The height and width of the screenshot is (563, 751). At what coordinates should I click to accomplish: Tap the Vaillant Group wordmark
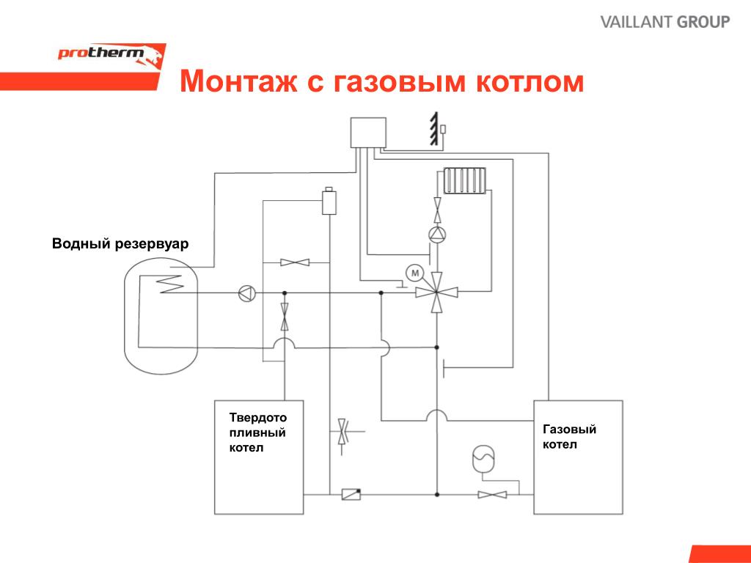(x=665, y=22)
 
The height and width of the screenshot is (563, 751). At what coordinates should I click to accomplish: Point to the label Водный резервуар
(x=120, y=243)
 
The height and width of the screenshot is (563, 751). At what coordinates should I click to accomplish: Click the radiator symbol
(x=464, y=180)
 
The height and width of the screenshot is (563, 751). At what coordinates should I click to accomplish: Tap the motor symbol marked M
(x=415, y=273)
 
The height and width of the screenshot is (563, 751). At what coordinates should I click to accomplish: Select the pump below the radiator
(x=437, y=234)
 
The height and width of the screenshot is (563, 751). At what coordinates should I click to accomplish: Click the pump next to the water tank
(x=247, y=293)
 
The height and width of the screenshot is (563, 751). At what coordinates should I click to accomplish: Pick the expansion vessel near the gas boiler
(x=483, y=459)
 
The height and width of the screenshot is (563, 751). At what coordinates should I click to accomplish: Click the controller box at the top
(x=368, y=133)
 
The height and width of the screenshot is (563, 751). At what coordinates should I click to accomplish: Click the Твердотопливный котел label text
(x=257, y=433)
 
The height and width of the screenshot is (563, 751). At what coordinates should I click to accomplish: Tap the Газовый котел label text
(x=569, y=436)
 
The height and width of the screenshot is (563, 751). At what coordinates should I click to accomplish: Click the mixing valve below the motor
(x=436, y=292)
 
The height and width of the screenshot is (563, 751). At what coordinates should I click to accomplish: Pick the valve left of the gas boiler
(x=492, y=495)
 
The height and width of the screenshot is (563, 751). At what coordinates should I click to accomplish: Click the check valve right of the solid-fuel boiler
(x=351, y=494)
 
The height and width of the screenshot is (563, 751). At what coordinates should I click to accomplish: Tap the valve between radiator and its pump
(x=437, y=210)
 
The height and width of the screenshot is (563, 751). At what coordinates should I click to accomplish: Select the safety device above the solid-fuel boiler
(x=329, y=201)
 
